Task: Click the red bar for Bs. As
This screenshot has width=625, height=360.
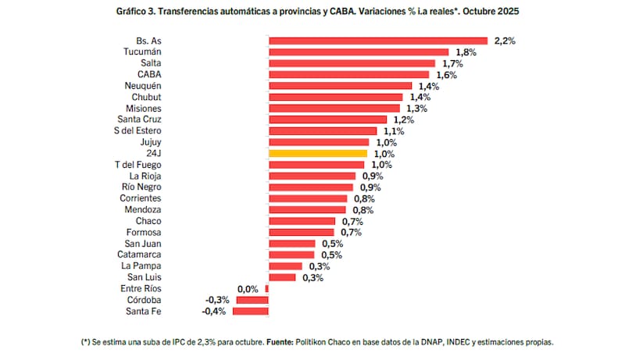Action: pos(378,41)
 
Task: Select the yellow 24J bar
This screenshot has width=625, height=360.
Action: pos(317,154)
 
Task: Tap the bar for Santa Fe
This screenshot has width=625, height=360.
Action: pos(252,312)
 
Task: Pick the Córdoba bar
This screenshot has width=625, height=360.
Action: pos(253,300)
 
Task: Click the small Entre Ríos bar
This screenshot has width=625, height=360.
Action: pos(267,289)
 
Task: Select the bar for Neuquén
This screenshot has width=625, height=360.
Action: pos(340,86)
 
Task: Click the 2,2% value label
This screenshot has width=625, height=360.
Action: pos(505,41)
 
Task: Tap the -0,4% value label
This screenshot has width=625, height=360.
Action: pos(213,312)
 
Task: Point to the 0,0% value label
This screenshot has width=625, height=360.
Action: pos(248,289)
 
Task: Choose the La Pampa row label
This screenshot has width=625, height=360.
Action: pos(141,266)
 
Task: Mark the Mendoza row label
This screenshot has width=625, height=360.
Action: pos(142,210)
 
